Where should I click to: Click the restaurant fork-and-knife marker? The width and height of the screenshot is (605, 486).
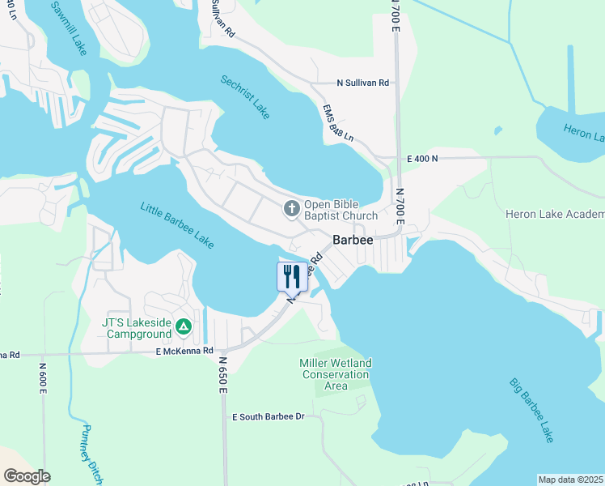[x=291, y=276]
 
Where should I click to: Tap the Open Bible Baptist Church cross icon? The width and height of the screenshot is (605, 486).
[x=291, y=210]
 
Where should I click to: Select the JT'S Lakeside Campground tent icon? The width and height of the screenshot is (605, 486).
[x=184, y=326]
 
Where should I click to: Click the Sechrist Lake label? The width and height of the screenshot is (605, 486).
[x=245, y=97]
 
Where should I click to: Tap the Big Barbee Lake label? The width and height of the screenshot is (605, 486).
[x=531, y=409]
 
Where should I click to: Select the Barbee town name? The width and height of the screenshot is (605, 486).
[x=353, y=240]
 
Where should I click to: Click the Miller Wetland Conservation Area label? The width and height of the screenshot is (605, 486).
[x=336, y=374]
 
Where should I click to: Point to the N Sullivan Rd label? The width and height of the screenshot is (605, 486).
[x=363, y=83]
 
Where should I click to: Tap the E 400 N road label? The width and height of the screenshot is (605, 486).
[x=422, y=160]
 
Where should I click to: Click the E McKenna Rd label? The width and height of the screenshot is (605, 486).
[x=184, y=351]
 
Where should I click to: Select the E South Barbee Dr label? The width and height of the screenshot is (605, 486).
[x=268, y=417]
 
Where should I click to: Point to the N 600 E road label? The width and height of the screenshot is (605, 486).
[x=43, y=378]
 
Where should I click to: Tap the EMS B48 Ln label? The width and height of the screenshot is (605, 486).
[x=338, y=125]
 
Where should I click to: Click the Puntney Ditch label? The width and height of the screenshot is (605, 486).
[x=92, y=454]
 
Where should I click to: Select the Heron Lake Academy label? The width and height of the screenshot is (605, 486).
[x=555, y=214]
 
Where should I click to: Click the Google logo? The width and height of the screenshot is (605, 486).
[x=27, y=475]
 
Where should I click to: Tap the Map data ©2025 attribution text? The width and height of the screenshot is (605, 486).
[x=570, y=480]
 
